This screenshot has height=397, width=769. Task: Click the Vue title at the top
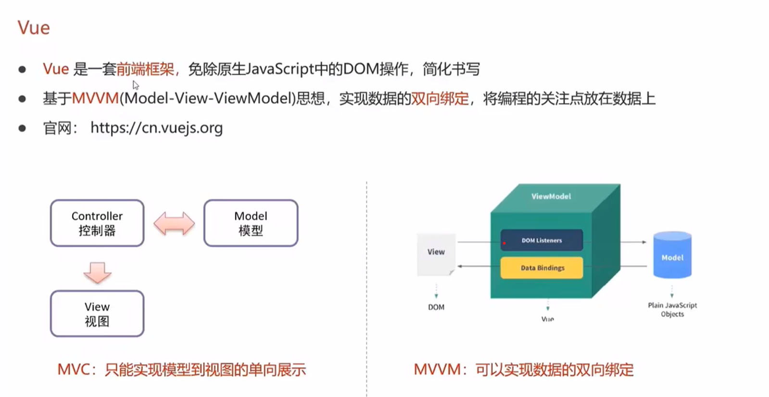coord(34,28)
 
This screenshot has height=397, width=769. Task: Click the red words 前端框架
coord(145,69)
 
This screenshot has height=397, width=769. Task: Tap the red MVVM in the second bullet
coord(95,99)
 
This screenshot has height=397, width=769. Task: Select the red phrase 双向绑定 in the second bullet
coord(440,99)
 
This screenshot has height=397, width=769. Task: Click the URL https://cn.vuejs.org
coord(156,128)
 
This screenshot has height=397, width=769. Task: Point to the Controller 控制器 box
coord(97,223)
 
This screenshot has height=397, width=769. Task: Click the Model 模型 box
coord(251,223)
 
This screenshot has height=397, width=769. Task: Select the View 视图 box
coord(97,314)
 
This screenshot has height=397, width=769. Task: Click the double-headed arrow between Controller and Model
coord(174,224)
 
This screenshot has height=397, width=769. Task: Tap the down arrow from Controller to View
coord(97,272)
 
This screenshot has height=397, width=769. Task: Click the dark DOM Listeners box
coord(542,240)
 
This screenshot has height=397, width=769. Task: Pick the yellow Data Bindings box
coord(542,268)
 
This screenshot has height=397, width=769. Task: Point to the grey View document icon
coord(436,254)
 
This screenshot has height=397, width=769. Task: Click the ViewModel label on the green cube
coord(551,196)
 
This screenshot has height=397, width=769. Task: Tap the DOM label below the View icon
coord(436,307)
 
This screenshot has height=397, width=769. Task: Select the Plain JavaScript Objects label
coord(672,309)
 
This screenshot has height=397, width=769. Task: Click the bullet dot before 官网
coord(22,128)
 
